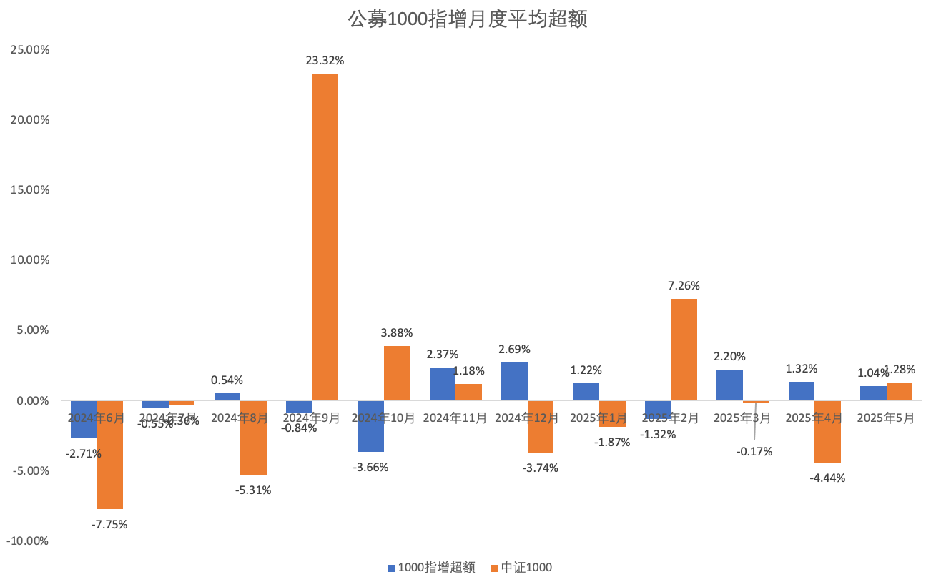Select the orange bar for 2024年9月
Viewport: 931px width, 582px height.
pyautogui.click(x=325, y=236)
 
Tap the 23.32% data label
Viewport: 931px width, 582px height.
pyautogui.click(x=325, y=61)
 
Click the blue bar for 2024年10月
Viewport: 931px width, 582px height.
pyautogui.click(x=370, y=426)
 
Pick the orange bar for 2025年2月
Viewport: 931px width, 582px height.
pyautogui.click(x=684, y=349)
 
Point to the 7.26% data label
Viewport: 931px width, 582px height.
pyautogui.click(x=684, y=285)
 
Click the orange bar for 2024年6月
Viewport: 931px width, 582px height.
pyautogui.click(x=109, y=455)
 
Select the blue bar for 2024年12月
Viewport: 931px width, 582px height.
pyautogui.click(x=514, y=381)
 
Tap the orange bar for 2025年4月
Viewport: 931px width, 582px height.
pyautogui.click(x=827, y=432)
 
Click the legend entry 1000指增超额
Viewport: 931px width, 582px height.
pyautogui.click(x=431, y=568)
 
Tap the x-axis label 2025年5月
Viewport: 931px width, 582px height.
pyautogui.click(x=886, y=418)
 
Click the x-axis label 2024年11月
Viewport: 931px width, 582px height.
pyautogui.click(x=455, y=418)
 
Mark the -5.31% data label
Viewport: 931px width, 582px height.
pyautogui.click(x=253, y=490)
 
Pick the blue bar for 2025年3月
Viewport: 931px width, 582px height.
pyautogui.click(x=729, y=385)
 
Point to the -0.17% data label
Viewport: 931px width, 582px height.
pyautogui.click(x=754, y=452)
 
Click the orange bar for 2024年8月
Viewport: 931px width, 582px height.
pyautogui.click(x=253, y=438)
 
